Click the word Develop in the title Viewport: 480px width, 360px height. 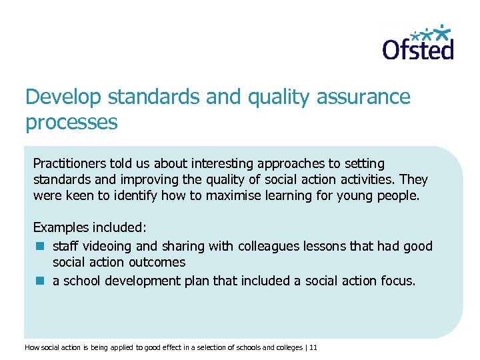coord(61,97)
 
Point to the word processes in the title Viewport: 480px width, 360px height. coord(71,123)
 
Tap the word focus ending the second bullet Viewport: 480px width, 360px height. coord(397,281)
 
